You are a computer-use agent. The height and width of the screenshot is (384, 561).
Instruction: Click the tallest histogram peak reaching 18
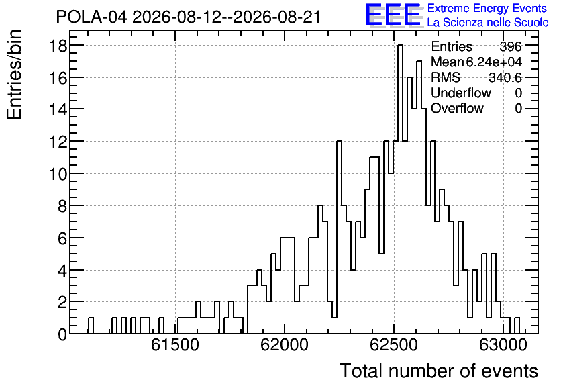click(x=400, y=45)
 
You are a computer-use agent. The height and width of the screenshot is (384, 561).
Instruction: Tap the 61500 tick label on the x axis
click(x=174, y=345)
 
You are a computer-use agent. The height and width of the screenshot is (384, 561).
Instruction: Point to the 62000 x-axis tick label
click(x=284, y=345)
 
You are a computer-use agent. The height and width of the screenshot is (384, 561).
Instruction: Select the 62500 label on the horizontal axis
click(x=393, y=345)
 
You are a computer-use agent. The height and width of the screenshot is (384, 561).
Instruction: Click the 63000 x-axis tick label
click(x=503, y=345)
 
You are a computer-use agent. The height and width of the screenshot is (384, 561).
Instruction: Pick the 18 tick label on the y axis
click(x=58, y=46)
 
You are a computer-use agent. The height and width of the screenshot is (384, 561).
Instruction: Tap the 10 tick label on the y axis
click(x=58, y=174)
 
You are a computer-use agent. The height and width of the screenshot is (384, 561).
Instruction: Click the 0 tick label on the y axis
click(x=62, y=334)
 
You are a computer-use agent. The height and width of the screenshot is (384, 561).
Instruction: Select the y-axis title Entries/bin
click(x=14, y=75)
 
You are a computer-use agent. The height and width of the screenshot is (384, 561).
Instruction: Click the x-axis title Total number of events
click(x=439, y=371)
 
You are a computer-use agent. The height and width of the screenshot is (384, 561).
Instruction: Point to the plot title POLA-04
click(x=91, y=17)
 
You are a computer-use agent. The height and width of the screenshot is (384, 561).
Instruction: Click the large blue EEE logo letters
click(x=393, y=15)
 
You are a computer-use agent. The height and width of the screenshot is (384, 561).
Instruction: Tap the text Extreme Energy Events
click(x=487, y=8)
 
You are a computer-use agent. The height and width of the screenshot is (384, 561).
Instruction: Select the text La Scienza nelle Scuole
click(x=488, y=23)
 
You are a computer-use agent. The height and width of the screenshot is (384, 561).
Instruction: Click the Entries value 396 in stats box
click(x=511, y=46)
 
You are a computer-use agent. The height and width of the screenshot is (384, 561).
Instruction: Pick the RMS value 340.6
click(x=505, y=77)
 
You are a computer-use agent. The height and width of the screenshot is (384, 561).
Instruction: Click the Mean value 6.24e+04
click(x=494, y=62)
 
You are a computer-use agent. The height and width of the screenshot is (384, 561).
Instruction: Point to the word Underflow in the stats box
click(x=461, y=93)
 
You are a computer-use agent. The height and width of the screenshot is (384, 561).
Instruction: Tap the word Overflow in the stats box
click(x=457, y=108)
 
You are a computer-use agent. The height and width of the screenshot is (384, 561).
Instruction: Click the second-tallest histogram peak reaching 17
click(x=419, y=61)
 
